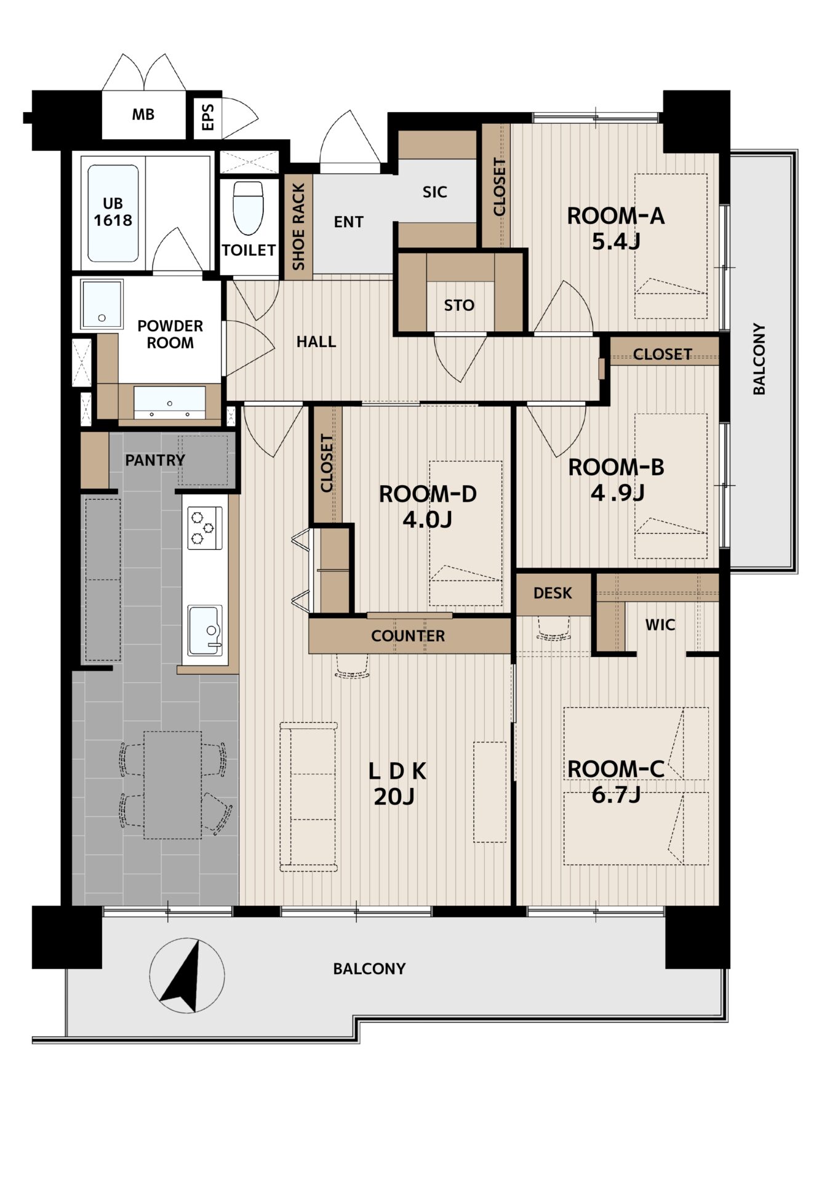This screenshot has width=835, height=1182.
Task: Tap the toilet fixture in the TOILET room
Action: click(249, 208)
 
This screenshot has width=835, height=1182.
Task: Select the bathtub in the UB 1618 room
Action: click(113, 213)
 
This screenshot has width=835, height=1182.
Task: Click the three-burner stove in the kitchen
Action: click(204, 528)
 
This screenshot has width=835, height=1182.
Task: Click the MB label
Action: click(143, 115)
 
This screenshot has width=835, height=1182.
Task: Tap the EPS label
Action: click(208, 117)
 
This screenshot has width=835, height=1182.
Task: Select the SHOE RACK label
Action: click(298, 227)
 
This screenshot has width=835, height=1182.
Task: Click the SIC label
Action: click(434, 192)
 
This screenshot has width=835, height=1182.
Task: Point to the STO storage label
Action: click(459, 305)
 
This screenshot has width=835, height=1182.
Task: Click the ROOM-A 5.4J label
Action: click(615, 228)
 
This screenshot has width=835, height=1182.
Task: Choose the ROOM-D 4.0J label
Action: click(427, 507)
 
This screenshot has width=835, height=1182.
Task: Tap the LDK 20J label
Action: click(396, 784)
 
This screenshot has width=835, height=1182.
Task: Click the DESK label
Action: click(553, 593)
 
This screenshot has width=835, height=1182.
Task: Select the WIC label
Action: click(660, 625)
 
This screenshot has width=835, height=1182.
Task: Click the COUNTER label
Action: click(408, 636)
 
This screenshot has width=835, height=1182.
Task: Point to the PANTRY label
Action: click(155, 460)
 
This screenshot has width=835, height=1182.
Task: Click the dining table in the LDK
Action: click(173, 785)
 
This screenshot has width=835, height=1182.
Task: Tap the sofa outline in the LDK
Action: click(309, 797)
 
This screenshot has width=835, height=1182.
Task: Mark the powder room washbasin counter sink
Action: click(170, 402)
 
